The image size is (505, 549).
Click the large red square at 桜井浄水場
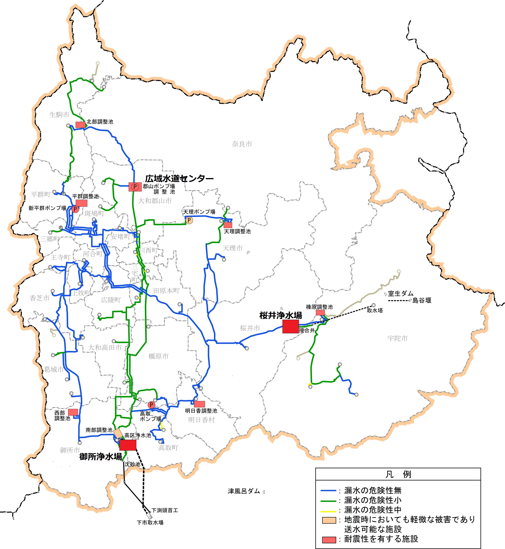291,326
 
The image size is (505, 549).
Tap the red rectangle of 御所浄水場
128,445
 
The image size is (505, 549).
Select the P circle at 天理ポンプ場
189,220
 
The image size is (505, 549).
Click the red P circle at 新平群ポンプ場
75,209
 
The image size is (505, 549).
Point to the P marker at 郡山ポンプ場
135,187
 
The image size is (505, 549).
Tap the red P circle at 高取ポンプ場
151,405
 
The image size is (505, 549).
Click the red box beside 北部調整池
80,125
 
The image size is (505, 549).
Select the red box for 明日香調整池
200,404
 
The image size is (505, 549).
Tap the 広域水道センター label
179,179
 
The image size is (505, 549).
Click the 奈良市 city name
242,144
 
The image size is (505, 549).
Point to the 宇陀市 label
397,338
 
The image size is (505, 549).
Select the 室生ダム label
401,294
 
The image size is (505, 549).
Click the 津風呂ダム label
244,491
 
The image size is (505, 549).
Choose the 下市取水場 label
150,523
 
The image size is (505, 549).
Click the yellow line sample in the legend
328,511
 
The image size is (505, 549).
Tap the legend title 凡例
398,474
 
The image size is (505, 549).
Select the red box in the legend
329,540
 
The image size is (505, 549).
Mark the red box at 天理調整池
228,225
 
